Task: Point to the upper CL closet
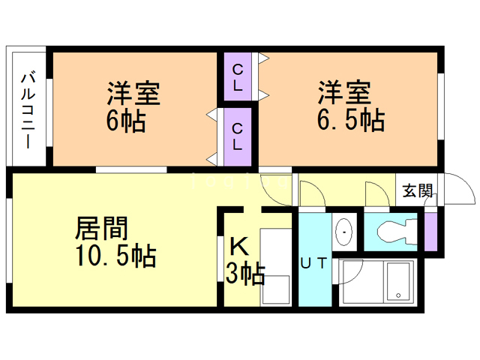[x=237, y=77]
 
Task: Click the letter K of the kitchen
[x=238, y=246]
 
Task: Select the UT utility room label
[x=313, y=263]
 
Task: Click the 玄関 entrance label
[x=417, y=190]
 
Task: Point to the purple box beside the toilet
[x=430, y=232]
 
